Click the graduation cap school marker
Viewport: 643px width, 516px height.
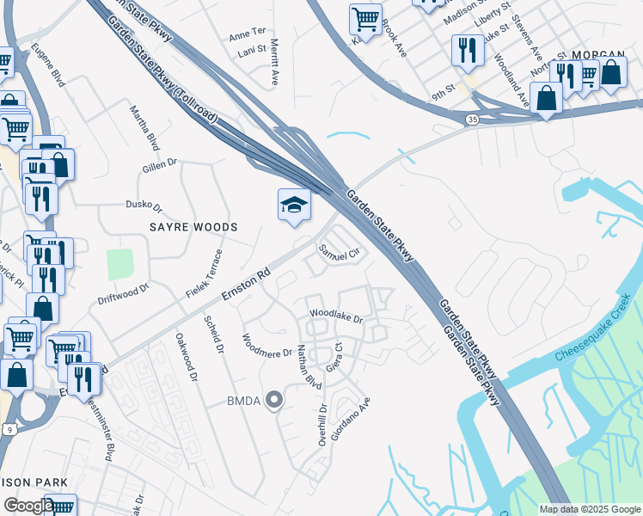pos(293,206)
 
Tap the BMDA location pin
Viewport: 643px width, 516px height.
pos(274,400)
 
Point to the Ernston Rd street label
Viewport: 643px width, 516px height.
pos(246,283)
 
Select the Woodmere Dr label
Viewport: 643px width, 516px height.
pos(266,347)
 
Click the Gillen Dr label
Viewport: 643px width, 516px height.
pos(160,164)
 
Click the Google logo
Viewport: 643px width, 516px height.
pos(28,506)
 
